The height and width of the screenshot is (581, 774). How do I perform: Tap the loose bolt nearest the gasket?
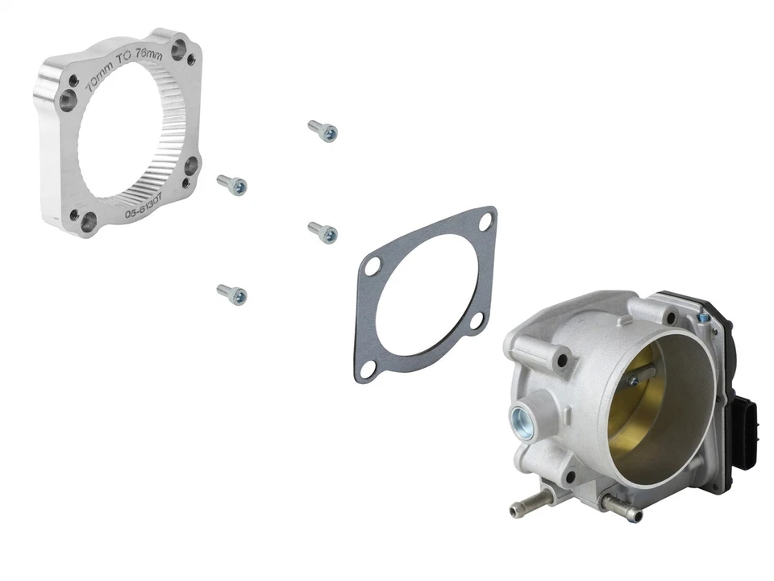(322, 232)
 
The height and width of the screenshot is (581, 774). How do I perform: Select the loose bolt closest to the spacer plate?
(232, 185)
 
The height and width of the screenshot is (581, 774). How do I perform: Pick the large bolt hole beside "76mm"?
(178, 51)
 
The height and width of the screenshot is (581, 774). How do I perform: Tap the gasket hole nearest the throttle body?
(476, 322)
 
